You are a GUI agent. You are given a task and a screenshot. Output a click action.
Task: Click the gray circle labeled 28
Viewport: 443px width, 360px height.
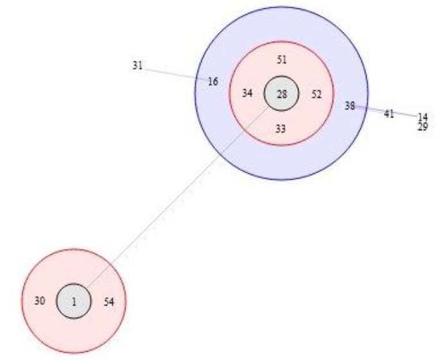(x=281, y=94)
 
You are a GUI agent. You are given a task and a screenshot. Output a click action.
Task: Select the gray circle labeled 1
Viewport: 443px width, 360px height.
(x=74, y=301)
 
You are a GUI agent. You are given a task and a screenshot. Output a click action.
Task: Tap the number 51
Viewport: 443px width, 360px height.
(x=281, y=60)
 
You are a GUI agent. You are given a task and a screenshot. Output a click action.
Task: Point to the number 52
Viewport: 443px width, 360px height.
(x=317, y=94)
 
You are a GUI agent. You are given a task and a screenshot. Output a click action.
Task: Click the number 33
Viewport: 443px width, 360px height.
(x=281, y=129)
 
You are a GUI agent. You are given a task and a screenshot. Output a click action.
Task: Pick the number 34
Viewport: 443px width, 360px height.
(x=247, y=94)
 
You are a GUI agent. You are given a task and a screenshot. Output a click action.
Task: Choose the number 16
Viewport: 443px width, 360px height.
(x=213, y=81)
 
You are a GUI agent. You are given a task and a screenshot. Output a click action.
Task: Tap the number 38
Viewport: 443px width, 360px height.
(x=349, y=106)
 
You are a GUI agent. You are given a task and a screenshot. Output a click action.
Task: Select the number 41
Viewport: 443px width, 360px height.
(x=388, y=114)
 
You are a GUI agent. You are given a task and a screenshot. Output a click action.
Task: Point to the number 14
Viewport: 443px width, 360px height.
(x=422, y=117)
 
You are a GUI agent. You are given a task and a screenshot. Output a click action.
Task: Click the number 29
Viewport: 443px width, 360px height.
(x=422, y=127)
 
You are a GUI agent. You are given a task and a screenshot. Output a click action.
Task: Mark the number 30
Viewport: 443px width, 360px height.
(x=40, y=300)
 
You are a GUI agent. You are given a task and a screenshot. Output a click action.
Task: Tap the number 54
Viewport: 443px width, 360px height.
(x=109, y=301)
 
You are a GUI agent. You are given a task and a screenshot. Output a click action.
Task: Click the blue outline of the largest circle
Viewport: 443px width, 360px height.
(x=281, y=7)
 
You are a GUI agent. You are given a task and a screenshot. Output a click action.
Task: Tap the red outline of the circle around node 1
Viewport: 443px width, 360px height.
(x=74, y=249)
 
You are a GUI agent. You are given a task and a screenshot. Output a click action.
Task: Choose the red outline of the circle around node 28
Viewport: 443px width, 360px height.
(x=281, y=42)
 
